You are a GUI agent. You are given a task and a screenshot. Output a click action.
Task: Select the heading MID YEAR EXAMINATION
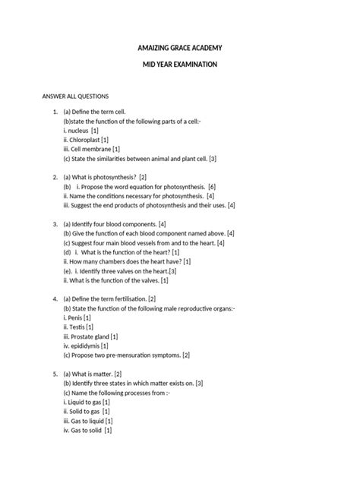pos(180,65)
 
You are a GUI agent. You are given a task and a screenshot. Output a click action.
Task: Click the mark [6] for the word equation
pos(212,186)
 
